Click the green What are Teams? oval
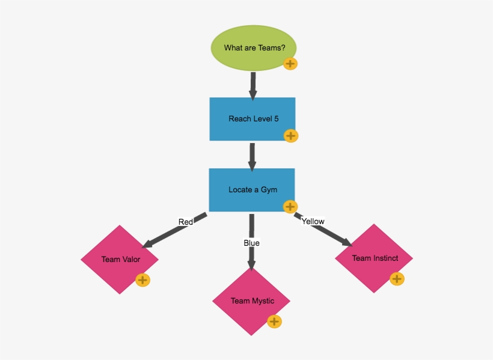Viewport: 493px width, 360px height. click(254, 48)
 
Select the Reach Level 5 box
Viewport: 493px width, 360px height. click(253, 119)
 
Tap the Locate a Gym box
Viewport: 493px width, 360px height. click(252, 190)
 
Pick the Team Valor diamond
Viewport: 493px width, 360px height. click(120, 260)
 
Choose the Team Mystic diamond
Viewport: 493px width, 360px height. click(252, 301)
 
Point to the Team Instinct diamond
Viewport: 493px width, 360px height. click(375, 258)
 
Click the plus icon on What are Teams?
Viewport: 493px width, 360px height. click(290, 64)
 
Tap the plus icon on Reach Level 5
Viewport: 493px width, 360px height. click(291, 136)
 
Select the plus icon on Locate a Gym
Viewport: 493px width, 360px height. click(290, 207)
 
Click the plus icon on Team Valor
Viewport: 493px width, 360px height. click(142, 280)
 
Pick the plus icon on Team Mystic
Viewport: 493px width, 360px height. click(275, 322)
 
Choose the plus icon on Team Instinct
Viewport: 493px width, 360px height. click(397, 279)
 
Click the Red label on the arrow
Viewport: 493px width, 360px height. click(186, 222)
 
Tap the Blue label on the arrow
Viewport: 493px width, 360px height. click(251, 243)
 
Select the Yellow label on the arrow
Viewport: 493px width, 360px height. click(313, 221)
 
